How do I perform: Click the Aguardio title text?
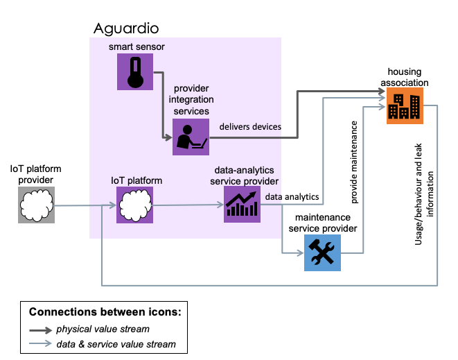pos(126,28)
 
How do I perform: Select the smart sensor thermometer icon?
pos(134,72)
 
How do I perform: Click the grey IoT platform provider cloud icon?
pos(36,205)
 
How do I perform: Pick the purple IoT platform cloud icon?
pos(134,205)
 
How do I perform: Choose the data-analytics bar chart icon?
pos(242,205)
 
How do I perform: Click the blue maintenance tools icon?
pos(323,252)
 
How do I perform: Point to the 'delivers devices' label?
pos(250,126)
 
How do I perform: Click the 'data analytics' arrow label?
pos(292,197)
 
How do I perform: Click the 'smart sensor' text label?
pos(136,46)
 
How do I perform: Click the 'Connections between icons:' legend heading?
pos(104,312)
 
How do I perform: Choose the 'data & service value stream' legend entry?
pos(116,343)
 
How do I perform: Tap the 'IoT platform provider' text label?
pos(36,175)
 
